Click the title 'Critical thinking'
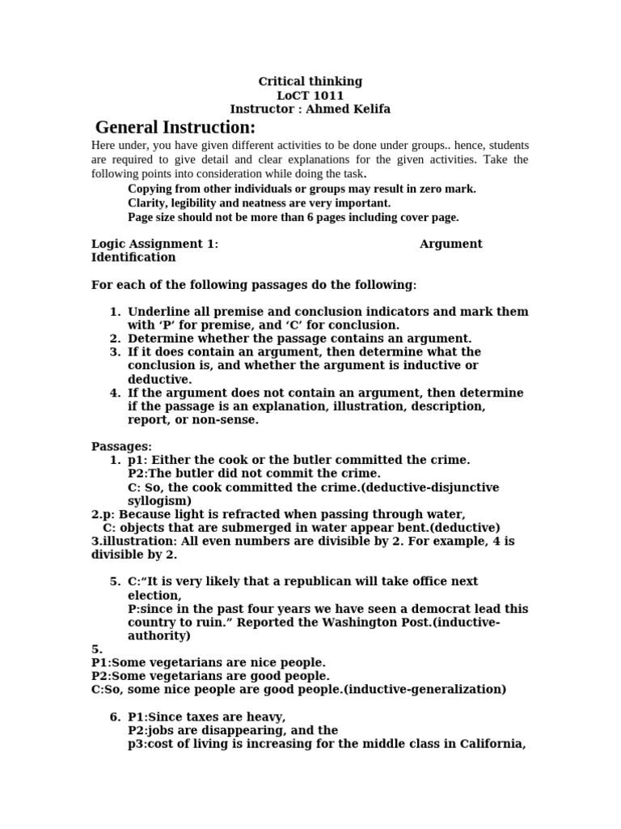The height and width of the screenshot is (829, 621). pos(310,81)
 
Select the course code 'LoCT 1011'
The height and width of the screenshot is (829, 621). pos(310,95)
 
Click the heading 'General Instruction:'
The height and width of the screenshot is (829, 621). pos(175,128)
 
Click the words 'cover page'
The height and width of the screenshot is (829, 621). pos(429,217)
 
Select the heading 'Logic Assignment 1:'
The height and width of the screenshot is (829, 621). pos(154,244)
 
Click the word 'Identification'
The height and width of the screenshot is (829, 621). pos(133,257)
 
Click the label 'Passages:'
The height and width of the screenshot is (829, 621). pos(121,447)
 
